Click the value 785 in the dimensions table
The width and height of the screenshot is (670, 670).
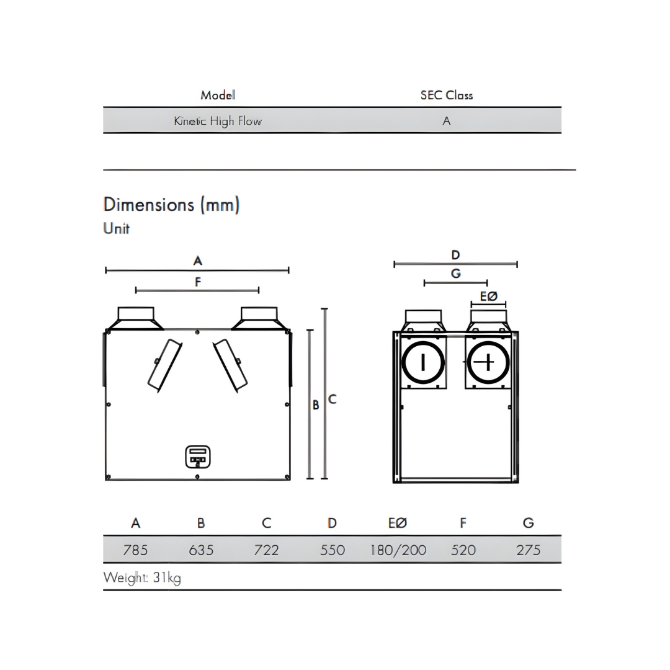click(x=135, y=550)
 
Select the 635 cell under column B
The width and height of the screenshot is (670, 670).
click(x=201, y=550)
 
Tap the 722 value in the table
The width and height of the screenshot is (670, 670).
click(x=266, y=550)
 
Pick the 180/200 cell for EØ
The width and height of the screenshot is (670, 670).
click(x=398, y=550)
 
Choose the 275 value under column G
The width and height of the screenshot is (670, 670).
click(x=528, y=550)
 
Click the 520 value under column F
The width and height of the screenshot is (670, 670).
click(x=463, y=550)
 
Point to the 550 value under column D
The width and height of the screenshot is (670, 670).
click(x=333, y=550)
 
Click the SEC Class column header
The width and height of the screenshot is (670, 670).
click(x=446, y=96)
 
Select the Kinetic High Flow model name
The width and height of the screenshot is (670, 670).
click(x=218, y=121)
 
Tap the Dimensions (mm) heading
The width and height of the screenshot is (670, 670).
click(x=171, y=205)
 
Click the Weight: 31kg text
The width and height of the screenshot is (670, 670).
click(x=142, y=578)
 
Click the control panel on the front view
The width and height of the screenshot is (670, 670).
click(x=199, y=457)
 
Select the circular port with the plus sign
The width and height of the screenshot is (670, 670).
click(x=488, y=362)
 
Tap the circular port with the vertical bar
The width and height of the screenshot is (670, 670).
click(x=424, y=362)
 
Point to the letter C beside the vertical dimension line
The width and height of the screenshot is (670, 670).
click(x=333, y=399)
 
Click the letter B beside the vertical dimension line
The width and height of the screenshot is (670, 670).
click(x=316, y=405)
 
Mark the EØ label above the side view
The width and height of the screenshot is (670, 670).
click(x=489, y=297)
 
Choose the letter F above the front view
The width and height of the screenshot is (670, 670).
click(x=198, y=282)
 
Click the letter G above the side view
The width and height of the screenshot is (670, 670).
click(x=456, y=274)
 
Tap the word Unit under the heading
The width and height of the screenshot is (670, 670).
click(x=117, y=228)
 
